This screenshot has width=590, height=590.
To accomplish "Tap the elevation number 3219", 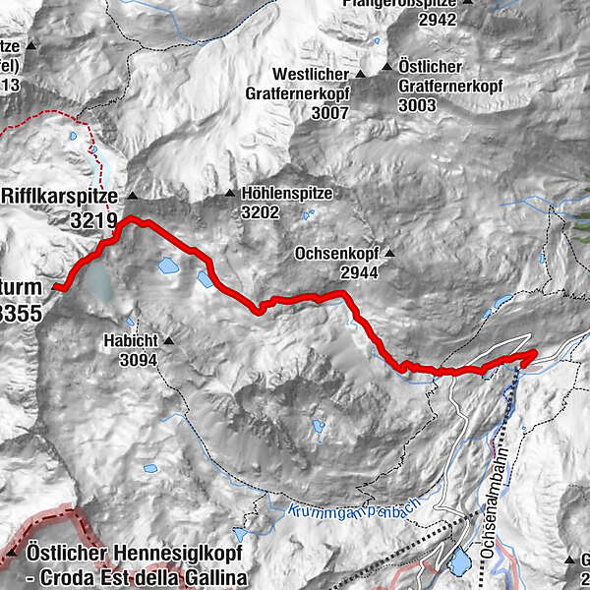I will pos(93,220).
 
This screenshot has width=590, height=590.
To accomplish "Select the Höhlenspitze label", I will pos(286,194).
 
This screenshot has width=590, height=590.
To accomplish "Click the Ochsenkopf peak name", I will pos(336,253).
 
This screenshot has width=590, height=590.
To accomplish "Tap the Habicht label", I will pos(129,342).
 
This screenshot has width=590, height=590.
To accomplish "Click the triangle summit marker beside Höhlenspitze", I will pos(230,194).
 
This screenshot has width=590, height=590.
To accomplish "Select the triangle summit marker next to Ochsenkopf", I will pos(389,253).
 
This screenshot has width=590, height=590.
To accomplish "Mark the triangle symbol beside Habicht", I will pos(168,342).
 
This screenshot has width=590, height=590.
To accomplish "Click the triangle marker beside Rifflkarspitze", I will pos(132,196).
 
